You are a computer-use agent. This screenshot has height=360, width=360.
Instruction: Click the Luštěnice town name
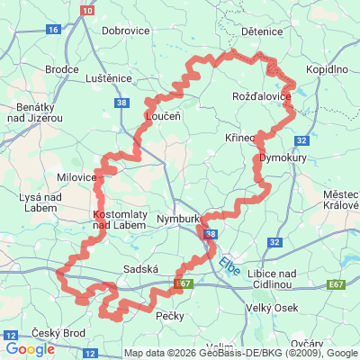click(x=110, y=79)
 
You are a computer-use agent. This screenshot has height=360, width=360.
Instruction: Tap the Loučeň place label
click(x=164, y=116)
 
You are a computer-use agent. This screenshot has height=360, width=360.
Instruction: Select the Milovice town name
click(x=76, y=177)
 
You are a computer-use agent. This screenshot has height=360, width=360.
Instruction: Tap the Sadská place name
click(x=139, y=269)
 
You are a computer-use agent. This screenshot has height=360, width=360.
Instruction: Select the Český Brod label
click(x=58, y=333)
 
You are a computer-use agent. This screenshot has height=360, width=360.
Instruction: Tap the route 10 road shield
click(x=86, y=9)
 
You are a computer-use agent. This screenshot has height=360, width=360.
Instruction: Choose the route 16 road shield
click(x=53, y=30)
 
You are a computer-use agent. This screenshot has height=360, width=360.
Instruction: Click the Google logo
click(x=31, y=349)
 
